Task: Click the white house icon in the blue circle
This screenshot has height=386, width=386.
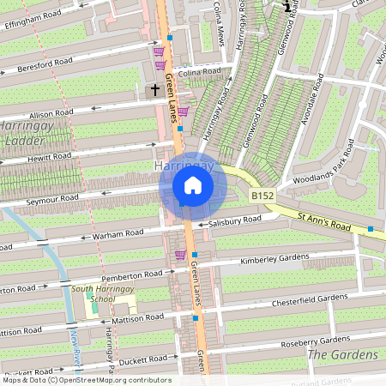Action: tap(193, 184)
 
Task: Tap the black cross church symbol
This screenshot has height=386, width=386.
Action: tap(156, 88)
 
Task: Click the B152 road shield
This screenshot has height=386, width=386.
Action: tap(262, 196)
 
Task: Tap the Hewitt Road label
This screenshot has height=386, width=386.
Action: tap(49, 156)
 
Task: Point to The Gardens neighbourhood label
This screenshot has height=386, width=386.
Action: tap(342, 354)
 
